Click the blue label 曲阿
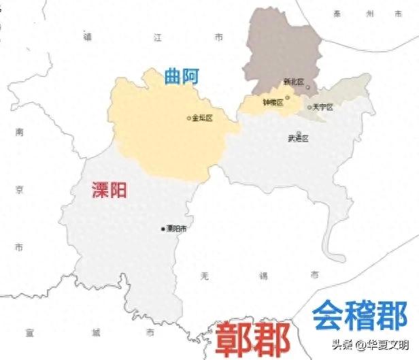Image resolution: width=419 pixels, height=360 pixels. pos(182,77)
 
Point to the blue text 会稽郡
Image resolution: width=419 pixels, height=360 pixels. pos(360,315)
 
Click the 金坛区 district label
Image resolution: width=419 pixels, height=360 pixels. pos(203,118)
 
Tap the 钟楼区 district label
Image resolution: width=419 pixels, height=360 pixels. pos(273,102)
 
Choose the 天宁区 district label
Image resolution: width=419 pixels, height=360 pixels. pos(322,108)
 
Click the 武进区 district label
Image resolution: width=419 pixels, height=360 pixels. pos(298,138)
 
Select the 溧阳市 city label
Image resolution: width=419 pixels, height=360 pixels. pos(176,229)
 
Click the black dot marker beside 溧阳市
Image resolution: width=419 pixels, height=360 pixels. pos(162,229)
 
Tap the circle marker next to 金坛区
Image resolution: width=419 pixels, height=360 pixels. pos(189,118)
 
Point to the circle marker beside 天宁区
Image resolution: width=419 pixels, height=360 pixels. pos(309,108)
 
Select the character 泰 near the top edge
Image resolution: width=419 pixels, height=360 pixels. pos(336,13)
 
